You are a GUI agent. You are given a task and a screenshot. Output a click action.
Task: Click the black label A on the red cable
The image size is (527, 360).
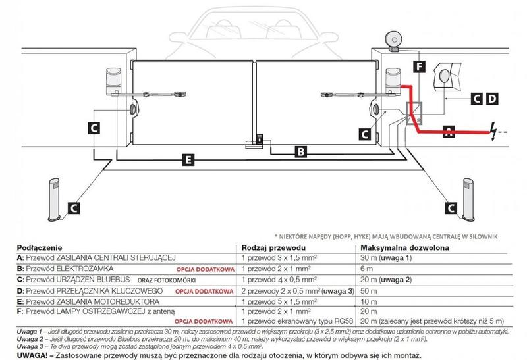coord(449,130)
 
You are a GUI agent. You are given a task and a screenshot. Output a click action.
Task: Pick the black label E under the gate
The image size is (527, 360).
coord(188,159)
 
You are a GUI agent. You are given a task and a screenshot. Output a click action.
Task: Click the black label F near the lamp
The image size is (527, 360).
coord(420,66)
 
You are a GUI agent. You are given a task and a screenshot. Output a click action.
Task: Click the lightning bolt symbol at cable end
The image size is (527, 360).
coord(494,130)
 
